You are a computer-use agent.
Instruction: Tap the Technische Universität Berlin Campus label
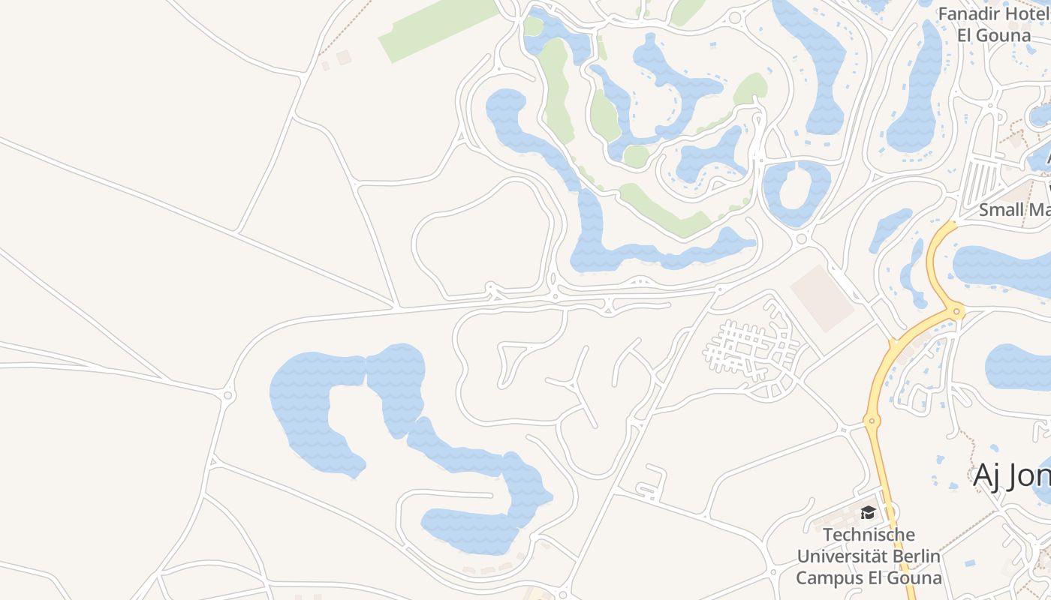tap(869, 556)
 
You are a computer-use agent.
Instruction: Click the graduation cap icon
tap(869, 513)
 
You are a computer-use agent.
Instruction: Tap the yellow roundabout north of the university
tap(872, 421)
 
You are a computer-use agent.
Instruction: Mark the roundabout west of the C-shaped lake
tap(228, 395)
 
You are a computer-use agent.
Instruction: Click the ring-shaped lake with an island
tap(797, 192)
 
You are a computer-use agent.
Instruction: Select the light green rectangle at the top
tap(438, 29)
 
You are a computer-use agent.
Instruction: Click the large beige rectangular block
tap(822, 298)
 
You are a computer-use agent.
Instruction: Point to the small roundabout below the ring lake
tap(801, 239)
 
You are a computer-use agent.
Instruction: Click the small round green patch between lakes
tap(636, 156)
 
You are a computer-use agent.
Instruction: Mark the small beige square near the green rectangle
tap(343, 57)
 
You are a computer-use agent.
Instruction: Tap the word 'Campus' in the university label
tap(826, 578)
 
